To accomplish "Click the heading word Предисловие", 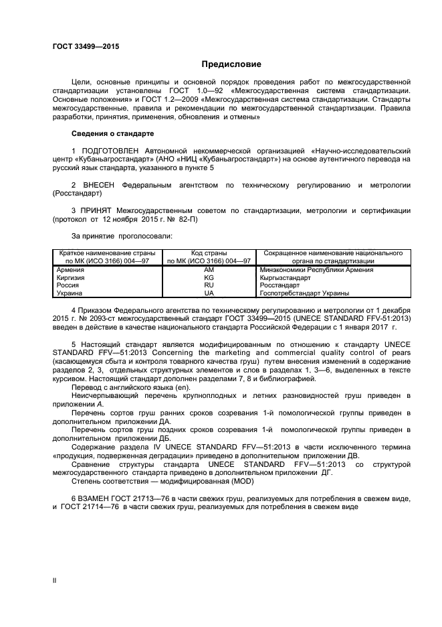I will pyautogui.click(x=231, y=64).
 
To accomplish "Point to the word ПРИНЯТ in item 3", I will pyautogui.click(x=96, y=211).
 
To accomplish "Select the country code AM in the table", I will pyautogui.click(x=209, y=270).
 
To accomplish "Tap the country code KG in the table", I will pyautogui.click(x=209, y=278).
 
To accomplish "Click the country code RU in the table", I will pyautogui.click(x=209, y=285).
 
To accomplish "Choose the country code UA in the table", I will pyautogui.click(x=209, y=293).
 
